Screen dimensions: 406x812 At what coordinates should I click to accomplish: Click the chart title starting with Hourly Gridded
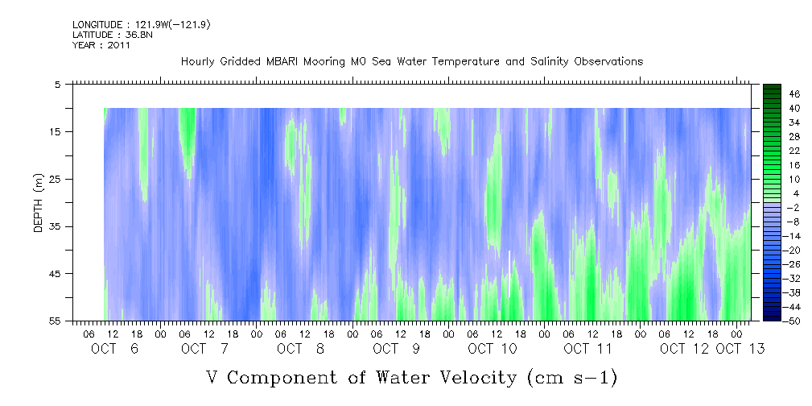pyautogui.click(x=411, y=61)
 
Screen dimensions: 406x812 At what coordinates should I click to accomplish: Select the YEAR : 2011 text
pyautogui.click(x=101, y=45)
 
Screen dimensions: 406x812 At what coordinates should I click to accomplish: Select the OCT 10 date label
pyautogui.click(x=492, y=349)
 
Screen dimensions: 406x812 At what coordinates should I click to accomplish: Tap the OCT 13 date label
pyautogui.click(x=740, y=349)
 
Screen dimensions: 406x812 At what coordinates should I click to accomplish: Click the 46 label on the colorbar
pyautogui.click(x=773, y=93)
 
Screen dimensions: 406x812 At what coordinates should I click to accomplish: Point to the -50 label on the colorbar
pyautogui.click(x=771, y=321)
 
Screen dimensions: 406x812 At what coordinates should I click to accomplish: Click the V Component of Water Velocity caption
pyautogui.click(x=411, y=377)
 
